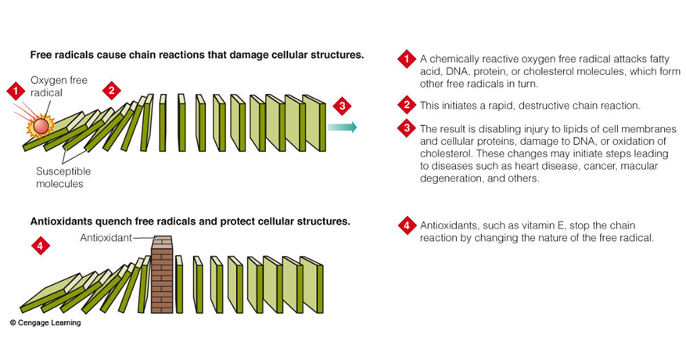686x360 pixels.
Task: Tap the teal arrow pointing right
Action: pos(343,127)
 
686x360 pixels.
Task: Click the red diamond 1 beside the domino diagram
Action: pos(14,91)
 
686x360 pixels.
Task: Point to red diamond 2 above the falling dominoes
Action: pos(112,91)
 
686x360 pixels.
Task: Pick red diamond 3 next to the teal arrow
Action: pos(340,106)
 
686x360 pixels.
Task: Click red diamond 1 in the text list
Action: pos(405,58)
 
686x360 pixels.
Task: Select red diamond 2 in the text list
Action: pos(405,105)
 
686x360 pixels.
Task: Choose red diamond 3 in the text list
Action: pos(405,128)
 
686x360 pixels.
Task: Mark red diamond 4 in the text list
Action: pos(405,226)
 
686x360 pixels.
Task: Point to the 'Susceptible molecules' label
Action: pos(63,177)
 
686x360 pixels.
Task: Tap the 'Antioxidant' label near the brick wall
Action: pos(104,236)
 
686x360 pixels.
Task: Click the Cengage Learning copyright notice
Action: pos(45,322)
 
